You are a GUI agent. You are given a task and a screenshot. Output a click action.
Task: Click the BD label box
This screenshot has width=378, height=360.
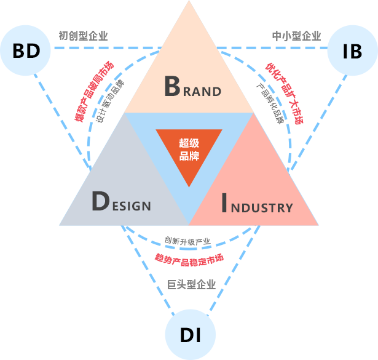[26, 50]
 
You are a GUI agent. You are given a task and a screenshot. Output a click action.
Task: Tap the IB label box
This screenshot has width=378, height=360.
[352, 50]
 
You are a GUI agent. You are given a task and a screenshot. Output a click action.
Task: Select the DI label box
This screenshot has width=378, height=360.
[190, 335]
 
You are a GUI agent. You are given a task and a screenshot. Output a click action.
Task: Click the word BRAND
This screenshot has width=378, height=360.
[192, 87]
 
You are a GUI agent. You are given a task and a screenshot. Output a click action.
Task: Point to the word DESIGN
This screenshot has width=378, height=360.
[120, 202]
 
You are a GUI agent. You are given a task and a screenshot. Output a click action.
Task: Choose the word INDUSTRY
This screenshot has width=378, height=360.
[256, 204]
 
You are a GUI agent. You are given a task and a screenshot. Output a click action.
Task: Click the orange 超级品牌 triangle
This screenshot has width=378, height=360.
[189, 151]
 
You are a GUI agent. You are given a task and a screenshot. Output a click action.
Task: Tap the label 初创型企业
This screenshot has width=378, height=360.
[83, 36]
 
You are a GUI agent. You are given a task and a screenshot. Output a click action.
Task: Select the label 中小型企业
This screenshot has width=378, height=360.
[296, 36]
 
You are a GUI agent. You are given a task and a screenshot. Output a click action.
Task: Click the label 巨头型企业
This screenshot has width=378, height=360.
[191, 284]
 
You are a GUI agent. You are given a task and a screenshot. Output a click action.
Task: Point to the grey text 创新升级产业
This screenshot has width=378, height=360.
[187, 241]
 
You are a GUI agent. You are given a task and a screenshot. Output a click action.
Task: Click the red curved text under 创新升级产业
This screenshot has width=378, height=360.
[189, 258]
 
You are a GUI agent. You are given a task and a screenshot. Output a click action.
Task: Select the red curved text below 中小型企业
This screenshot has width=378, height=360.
[285, 92]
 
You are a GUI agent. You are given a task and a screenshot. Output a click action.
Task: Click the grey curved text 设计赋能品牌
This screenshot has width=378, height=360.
[111, 101]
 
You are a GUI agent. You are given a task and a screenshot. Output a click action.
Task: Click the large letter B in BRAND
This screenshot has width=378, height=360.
[172, 87]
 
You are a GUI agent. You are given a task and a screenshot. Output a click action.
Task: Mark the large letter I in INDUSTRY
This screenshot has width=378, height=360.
[224, 204]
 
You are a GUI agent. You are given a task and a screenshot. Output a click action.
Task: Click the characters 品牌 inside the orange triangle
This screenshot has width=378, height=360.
[189, 156]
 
